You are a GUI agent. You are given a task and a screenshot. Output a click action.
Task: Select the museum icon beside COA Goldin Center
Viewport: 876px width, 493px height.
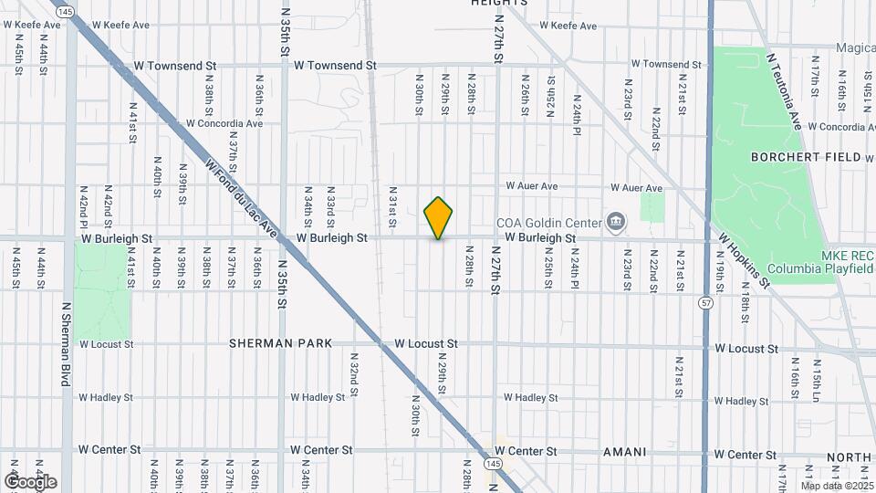click(x=616, y=222)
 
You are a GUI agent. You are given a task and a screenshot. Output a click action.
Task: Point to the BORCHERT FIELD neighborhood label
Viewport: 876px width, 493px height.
click(x=806, y=157)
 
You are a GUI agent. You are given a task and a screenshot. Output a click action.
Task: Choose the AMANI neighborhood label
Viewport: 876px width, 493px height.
click(x=624, y=452)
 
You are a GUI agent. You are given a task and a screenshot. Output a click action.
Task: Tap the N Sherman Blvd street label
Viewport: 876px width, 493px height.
click(x=66, y=345)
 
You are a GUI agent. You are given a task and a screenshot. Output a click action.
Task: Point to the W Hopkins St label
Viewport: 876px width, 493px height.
click(x=743, y=258)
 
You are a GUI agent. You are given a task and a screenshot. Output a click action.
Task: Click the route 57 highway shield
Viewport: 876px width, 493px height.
click(x=706, y=301)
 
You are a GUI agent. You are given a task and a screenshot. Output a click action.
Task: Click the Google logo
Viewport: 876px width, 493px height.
click(x=30, y=481)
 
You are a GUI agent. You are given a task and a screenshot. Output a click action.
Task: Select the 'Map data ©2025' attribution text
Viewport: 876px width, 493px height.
click(x=838, y=486)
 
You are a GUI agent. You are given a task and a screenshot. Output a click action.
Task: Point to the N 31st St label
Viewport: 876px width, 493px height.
click(x=392, y=209)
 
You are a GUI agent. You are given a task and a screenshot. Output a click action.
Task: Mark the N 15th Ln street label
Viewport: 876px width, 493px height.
click(x=817, y=376)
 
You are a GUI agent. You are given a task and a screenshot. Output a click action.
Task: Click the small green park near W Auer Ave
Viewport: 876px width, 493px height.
click(x=652, y=207)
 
